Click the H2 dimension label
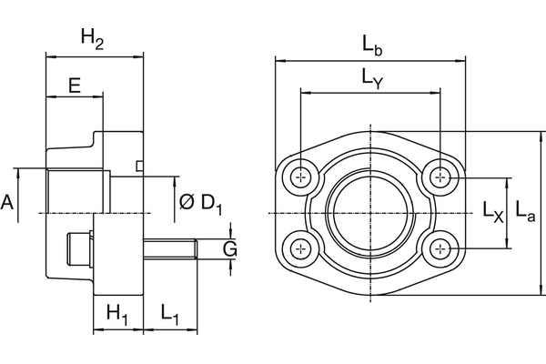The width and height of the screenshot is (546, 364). (93, 37)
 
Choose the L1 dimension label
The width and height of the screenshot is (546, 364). (170, 313)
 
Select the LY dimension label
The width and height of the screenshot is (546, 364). (372, 81)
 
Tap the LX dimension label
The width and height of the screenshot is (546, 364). (492, 215)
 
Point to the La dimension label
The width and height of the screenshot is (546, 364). (524, 212)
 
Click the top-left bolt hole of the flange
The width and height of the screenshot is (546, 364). (301, 177)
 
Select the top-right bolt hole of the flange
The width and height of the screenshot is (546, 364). (441, 177)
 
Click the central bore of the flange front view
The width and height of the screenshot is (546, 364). (371, 212)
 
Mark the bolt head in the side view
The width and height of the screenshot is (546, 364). (81, 247)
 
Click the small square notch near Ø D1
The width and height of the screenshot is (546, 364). (139, 166)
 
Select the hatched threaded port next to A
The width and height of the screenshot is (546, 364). (77, 190)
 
